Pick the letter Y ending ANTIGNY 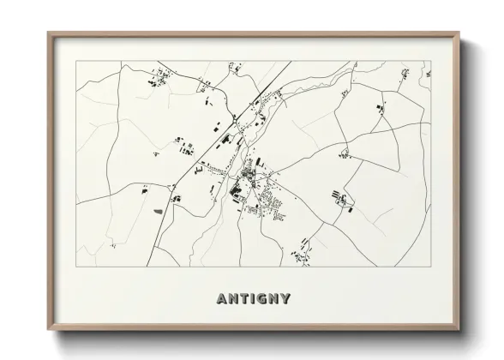[285, 299]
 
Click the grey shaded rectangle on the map [158, 208]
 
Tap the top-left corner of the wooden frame [49, 34]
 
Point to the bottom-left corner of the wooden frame [49, 330]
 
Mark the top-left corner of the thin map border [76, 61]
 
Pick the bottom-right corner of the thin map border [430, 267]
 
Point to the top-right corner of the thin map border [430, 61]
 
